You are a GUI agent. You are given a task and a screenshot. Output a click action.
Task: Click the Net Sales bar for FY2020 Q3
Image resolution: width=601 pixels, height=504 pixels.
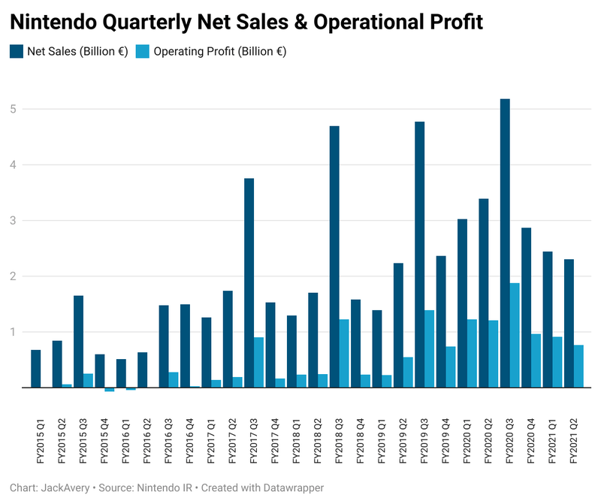(x=505, y=243)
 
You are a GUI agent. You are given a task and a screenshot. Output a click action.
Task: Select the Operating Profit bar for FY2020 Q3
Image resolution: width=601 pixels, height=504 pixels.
(x=515, y=335)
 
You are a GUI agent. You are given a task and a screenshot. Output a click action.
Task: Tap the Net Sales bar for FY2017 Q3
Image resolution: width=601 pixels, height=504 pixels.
(x=249, y=283)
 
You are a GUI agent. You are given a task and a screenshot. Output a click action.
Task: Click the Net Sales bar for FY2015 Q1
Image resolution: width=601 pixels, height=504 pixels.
(x=35, y=369)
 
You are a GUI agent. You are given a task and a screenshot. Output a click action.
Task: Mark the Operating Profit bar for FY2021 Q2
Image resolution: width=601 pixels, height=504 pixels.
(x=579, y=367)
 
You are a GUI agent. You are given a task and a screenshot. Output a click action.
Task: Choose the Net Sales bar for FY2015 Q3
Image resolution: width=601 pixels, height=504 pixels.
(x=78, y=342)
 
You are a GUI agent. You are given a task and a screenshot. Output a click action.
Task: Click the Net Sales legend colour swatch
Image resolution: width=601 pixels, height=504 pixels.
(x=17, y=52)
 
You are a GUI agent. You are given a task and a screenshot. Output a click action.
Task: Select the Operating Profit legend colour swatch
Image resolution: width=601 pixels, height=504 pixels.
(x=143, y=52)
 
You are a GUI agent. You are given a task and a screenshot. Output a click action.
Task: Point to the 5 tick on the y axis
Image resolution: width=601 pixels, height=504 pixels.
(x=13, y=109)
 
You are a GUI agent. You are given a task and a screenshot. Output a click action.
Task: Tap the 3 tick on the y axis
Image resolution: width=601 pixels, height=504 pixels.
(x=13, y=221)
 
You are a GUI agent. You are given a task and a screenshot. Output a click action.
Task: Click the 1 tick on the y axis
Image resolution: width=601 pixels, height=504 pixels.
(x=13, y=332)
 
